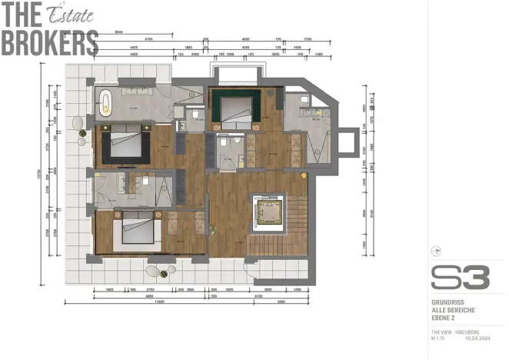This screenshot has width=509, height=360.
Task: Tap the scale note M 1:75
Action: [x=439, y=337]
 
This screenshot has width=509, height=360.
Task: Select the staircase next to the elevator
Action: [x=297, y=223]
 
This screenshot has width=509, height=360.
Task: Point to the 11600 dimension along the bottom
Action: [x=159, y=302]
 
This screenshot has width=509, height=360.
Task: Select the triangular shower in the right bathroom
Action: [x=318, y=145]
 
